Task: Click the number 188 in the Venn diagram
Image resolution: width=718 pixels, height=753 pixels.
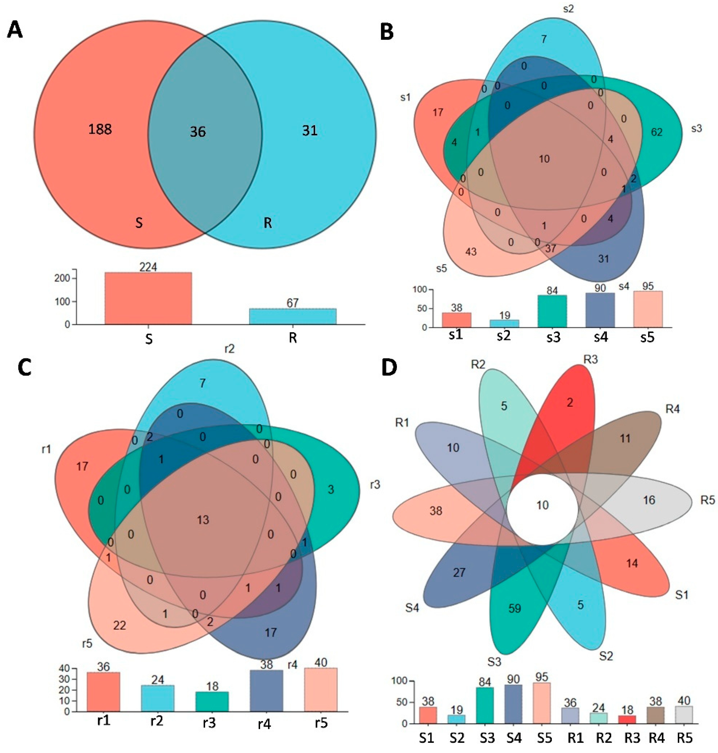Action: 100,129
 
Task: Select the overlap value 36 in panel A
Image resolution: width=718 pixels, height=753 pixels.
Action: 198,132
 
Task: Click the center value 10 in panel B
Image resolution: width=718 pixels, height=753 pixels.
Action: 544,159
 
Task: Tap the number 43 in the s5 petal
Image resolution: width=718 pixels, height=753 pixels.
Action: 471,252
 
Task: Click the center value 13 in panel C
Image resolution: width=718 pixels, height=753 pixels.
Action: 203,520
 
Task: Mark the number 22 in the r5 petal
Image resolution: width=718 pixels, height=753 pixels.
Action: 119,626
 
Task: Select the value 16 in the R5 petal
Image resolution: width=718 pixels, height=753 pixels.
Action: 649,500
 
